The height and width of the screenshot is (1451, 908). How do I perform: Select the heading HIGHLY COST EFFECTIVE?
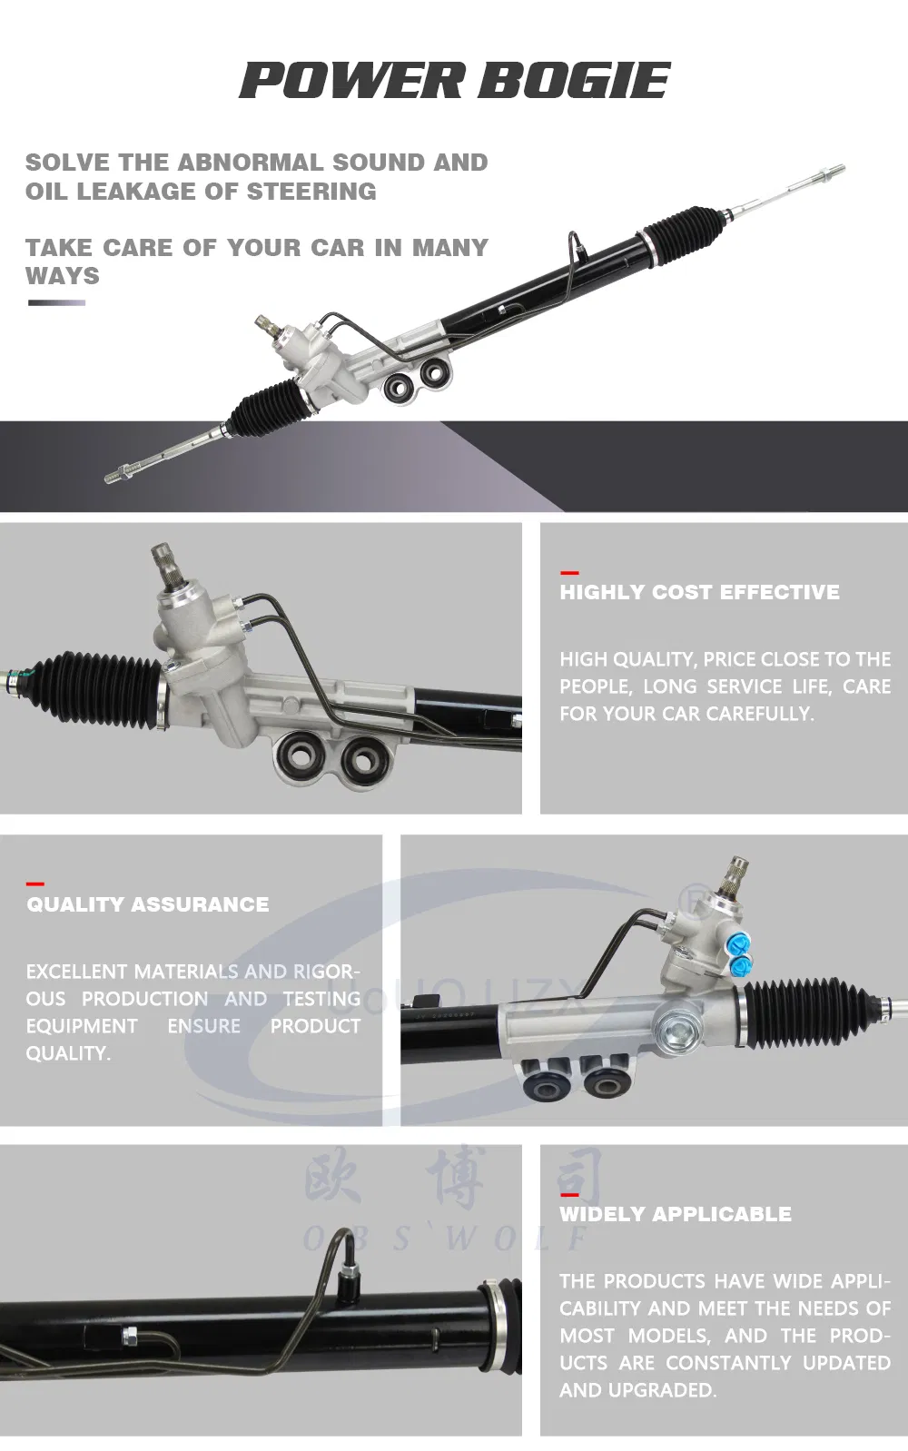(699, 592)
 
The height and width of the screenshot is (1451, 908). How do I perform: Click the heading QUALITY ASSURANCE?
(147, 904)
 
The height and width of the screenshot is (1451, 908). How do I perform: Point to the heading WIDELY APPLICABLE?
(675, 1214)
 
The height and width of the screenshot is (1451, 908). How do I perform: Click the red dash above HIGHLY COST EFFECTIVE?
(569, 573)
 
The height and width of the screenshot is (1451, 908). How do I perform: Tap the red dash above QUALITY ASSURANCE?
(35, 883)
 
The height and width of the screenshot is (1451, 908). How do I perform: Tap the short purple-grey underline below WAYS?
(56, 302)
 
